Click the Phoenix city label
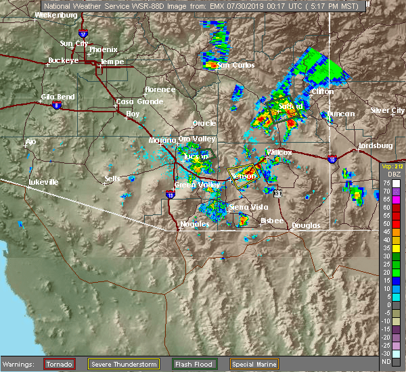[103, 49]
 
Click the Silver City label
[387, 110]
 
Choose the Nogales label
[194, 224]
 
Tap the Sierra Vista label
[248, 207]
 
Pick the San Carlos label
[235, 65]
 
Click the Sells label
[112, 179]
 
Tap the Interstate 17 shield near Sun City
[83, 32]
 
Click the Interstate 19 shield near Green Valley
[170, 195]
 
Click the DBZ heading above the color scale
[385, 174]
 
